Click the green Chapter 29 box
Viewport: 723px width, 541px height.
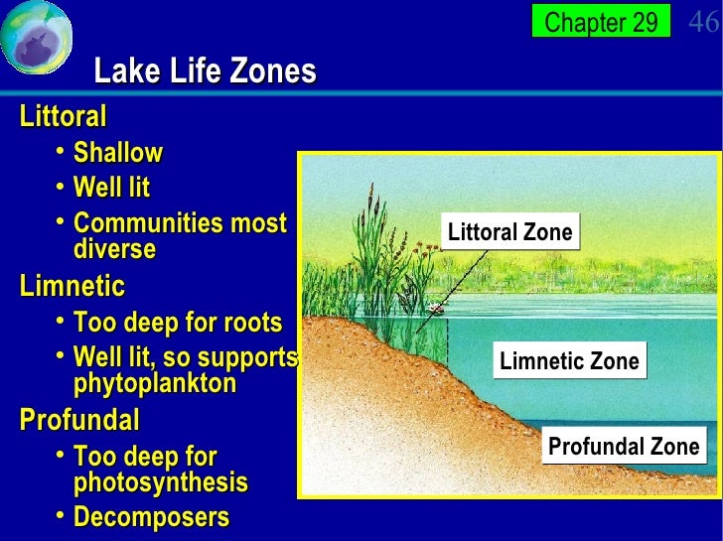tap(601, 22)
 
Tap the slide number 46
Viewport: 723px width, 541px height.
tap(704, 22)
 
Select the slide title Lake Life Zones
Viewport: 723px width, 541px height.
tap(205, 71)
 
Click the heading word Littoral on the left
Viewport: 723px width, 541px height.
tap(63, 116)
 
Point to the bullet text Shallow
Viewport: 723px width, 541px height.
tap(117, 153)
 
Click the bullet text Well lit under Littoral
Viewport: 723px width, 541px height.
tap(111, 188)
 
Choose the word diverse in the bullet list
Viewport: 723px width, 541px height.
tap(114, 249)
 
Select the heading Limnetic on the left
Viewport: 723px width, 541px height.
tap(72, 287)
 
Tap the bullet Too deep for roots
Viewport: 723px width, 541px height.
tap(177, 323)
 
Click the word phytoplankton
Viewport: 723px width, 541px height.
tap(155, 383)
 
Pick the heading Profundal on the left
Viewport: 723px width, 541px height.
tap(79, 420)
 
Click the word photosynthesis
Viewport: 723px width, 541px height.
tap(160, 483)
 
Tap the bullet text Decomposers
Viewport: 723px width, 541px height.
tap(151, 517)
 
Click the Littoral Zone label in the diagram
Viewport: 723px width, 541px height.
tap(510, 233)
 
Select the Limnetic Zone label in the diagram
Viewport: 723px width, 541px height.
tap(569, 361)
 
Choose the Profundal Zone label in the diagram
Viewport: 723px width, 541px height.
tap(624, 447)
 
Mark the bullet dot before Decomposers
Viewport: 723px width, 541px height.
tap(62, 515)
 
